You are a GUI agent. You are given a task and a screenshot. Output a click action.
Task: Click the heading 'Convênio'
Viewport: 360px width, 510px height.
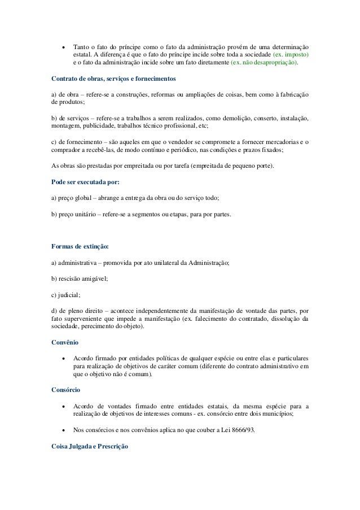[65, 342]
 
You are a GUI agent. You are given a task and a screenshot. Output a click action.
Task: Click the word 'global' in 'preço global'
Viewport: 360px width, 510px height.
[84, 199]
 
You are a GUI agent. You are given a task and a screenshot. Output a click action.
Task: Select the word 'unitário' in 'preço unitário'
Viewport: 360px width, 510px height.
[87, 215]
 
